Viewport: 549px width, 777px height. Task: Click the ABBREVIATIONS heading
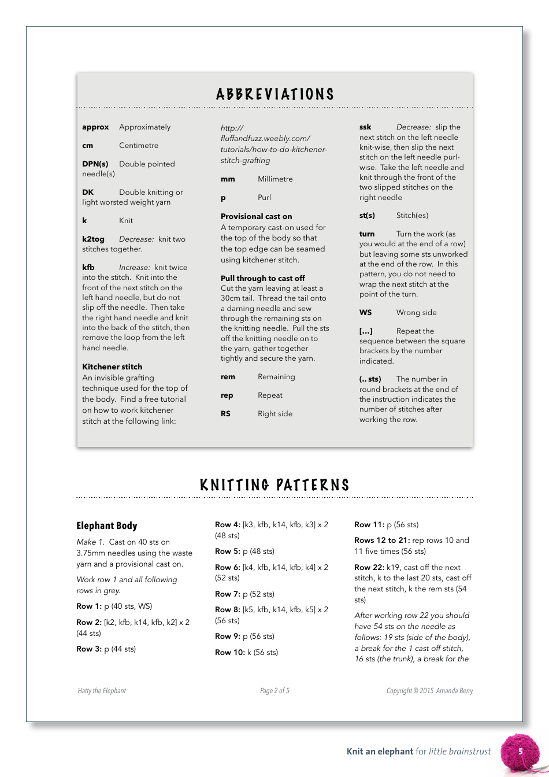(275, 94)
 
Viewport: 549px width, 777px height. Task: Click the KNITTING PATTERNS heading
(275, 485)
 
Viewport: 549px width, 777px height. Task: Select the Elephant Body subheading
(107, 526)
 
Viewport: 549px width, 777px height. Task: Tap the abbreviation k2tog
(94, 239)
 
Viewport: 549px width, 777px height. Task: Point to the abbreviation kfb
(88, 267)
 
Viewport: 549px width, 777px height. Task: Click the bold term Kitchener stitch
(112, 367)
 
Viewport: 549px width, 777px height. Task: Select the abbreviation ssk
(365, 127)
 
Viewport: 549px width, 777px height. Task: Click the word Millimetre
(275, 179)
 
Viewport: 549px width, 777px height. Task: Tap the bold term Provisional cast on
(257, 216)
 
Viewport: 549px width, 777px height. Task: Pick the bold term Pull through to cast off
(263, 278)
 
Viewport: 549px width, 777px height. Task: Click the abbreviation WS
(366, 312)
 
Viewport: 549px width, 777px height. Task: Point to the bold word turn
(367, 234)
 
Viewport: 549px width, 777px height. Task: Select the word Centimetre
(139, 145)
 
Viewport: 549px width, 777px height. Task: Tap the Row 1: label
(89, 606)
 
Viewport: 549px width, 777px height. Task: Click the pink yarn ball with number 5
(518, 752)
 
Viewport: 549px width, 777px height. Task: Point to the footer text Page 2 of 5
(274, 690)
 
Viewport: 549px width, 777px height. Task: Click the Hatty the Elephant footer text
(102, 690)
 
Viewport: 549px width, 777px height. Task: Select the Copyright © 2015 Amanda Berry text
(429, 690)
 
